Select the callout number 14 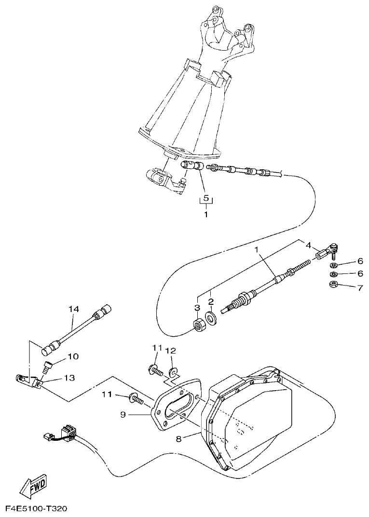73,308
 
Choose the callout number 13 69,379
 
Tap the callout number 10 72,357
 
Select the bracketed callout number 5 206,198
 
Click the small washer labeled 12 173,371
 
